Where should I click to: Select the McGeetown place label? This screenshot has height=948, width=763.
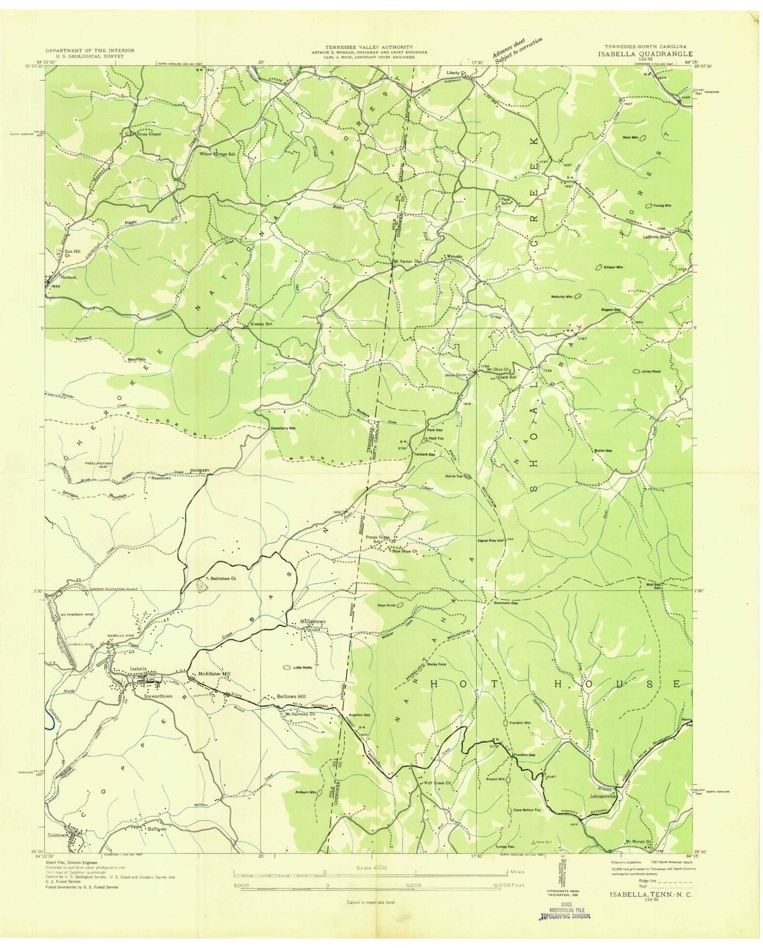[312, 621]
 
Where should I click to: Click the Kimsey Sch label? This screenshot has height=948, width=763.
[261, 323]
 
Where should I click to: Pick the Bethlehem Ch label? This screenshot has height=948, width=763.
[223, 578]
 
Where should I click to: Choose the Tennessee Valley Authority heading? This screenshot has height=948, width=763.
[369, 47]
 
